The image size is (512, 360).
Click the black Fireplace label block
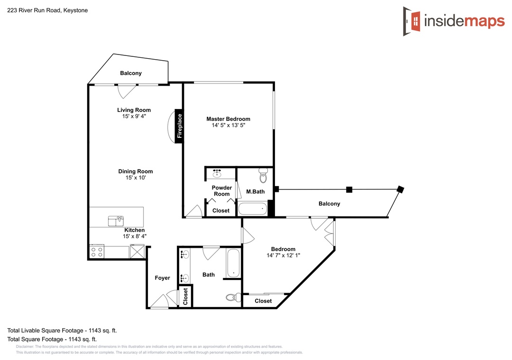tap(179, 126)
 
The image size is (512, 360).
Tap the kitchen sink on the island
tap(116, 221)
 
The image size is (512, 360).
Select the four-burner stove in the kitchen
tap(97, 252)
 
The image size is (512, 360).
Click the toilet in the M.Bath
tap(263, 176)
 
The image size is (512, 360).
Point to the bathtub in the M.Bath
tap(253, 209)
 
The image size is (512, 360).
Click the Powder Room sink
tap(217, 173)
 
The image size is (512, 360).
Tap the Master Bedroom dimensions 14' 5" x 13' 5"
tap(229, 126)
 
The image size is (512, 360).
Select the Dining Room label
tap(136, 171)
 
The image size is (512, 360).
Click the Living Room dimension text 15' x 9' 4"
tap(134, 116)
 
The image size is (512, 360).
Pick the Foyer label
tap(162, 278)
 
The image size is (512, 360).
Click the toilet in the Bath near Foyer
tap(233, 297)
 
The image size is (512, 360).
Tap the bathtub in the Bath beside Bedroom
tap(233, 263)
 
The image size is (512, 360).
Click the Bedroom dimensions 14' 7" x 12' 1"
tap(283, 255)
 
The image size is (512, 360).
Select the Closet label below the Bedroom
tap(263, 301)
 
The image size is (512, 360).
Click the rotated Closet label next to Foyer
tap(185, 297)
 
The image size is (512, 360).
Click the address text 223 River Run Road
tap(34, 10)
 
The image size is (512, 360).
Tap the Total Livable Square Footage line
tap(62, 330)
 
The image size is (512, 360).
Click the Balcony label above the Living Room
tap(131, 73)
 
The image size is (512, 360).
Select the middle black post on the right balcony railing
tap(349, 189)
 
